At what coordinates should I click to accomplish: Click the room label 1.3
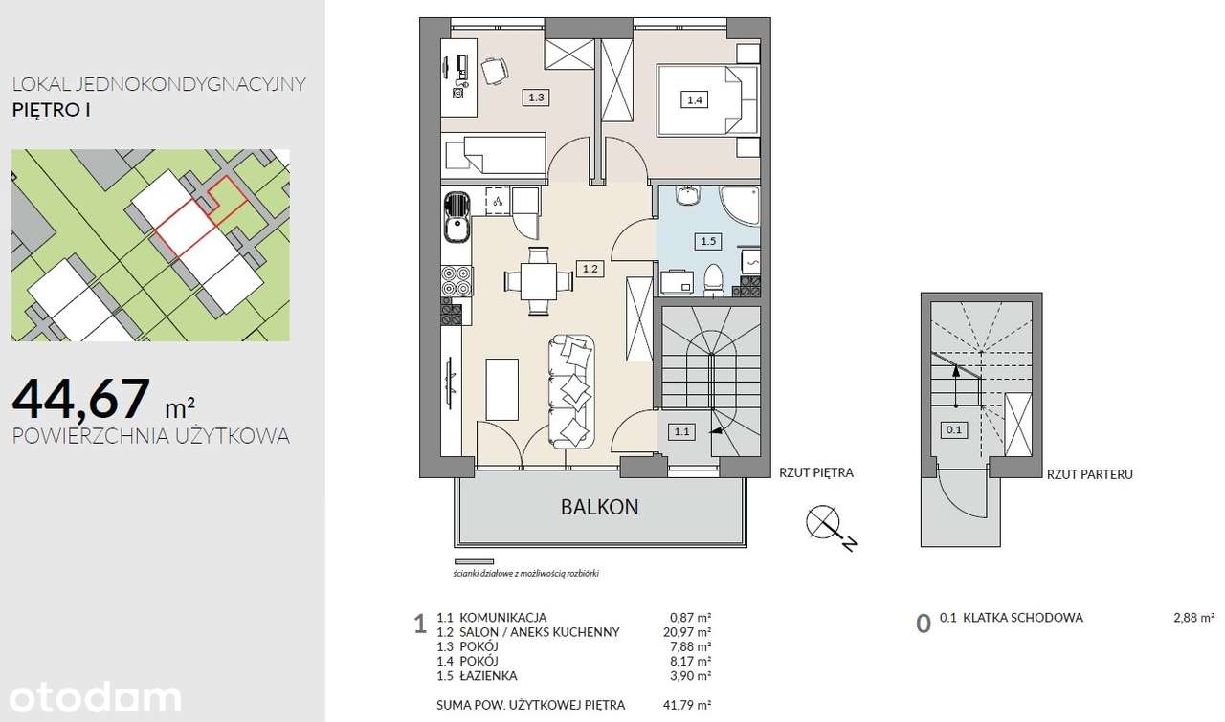click(x=536, y=98)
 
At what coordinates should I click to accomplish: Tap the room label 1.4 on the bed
click(x=695, y=100)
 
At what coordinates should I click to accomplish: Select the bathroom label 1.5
click(x=708, y=241)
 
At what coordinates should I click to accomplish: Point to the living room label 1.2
click(x=590, y=269)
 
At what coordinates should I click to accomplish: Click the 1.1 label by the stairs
click(x=682, y=432)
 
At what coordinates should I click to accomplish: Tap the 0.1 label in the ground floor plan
click(x=954, y=429)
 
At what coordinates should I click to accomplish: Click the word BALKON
click(x=599, y=507)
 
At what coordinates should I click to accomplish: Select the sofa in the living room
click(x=571, y=392)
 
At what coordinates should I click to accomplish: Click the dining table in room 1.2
click(x=539, y=281)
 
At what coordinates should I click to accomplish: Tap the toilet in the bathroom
click(x=713, y=280)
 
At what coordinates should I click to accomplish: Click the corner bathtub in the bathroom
click(x=740, y=206)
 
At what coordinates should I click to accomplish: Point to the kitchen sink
click(x=457, y=217)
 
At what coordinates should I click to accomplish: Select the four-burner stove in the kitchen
click(x=457, y=280)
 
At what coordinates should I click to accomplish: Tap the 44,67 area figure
click(x=81, y=399)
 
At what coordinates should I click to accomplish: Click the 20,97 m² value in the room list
click(x=687, y=632)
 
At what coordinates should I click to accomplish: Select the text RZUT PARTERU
click(x=1089, y=474)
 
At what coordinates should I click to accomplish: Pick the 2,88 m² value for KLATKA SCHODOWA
click(x=1193, y=618)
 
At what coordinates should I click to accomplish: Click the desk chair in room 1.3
click(x=495, y=71)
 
